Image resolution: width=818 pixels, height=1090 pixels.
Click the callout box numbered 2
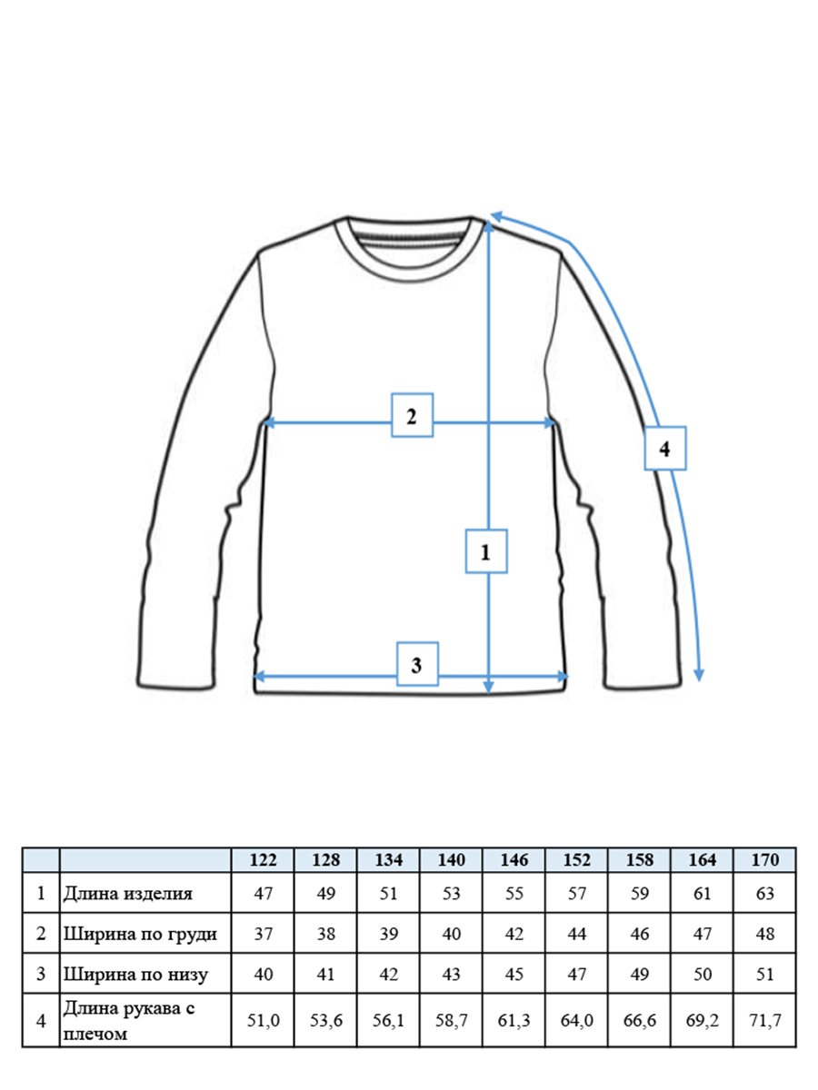pyautogui.click(x=412, y=415)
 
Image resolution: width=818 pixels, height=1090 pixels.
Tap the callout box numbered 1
pyautogui.click(x=486, y=551)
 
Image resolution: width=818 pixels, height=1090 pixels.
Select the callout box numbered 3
pyautogui.click(x=417, y=664)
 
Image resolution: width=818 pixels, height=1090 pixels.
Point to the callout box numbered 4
pyautogui.click(x=665, y=448)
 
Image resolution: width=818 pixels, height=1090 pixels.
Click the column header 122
pyautogui.click(x=263, y=859)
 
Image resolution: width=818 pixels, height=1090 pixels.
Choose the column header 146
pyautogui.click(x=514, y=859)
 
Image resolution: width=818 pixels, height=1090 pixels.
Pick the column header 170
pyautogui.click(x=765, y=859)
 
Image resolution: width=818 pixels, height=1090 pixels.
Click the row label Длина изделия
pyautogui.click(x=127, y=894)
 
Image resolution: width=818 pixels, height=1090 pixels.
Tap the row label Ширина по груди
pyautogui.click(x=140, y=934)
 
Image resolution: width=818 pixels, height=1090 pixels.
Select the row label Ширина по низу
pyautogui.click(x=135, y=974)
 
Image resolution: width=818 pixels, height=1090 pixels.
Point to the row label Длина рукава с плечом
pyautogui.click(x=129, y=1020)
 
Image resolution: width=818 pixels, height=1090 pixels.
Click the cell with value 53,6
pyautogui.click(x=325, y=1020)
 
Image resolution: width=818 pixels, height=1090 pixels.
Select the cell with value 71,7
pyautogui.click(x=765, y=1020)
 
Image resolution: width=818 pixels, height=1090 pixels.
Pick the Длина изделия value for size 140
pyautogui.click(x=452, y=894)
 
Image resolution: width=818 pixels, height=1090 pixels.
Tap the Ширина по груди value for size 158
pyautogui.click(x=640, y=934)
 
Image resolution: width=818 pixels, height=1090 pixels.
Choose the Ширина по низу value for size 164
pyautogui.click(x=703, y=974)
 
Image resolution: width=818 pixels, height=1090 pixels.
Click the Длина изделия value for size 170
pyautogui.click(x=765, y=894)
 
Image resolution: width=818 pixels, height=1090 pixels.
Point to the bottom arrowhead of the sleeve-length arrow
pyautogui.click(x=699, y=675)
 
